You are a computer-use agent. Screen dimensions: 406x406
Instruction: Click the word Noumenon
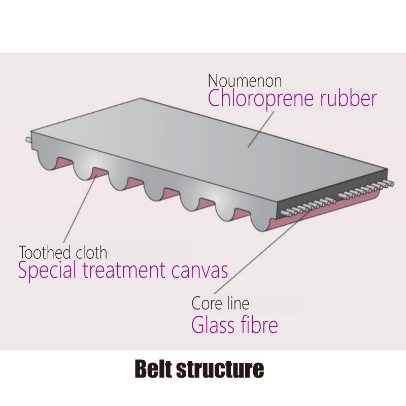tap(245, 81)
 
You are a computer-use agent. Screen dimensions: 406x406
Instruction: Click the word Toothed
tap(45, 252)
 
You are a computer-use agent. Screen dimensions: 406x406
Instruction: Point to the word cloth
tap(91, 252)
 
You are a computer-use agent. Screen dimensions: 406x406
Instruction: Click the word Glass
tap(212, 324)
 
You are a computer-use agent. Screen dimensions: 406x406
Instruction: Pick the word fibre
tap(258, 324)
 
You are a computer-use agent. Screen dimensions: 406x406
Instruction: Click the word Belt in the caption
tap(153, 369)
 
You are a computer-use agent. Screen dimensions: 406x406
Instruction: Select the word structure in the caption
tap(220, 369)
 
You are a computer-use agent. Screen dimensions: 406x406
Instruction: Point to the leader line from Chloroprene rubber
tap(261, 129)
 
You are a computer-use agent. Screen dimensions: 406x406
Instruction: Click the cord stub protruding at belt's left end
tap(28, 140)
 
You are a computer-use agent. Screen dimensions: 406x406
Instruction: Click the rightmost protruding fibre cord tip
tap(391, 184)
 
